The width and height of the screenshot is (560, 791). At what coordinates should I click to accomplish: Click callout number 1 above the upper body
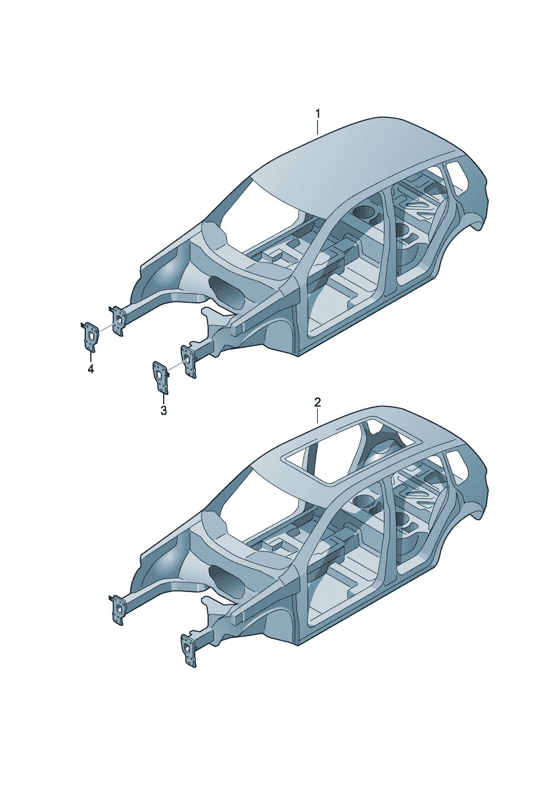317,114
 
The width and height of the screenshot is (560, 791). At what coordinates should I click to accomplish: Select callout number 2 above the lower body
317,402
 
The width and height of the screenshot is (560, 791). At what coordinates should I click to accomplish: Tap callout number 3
163,410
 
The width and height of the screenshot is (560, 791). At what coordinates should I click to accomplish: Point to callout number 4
91,369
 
